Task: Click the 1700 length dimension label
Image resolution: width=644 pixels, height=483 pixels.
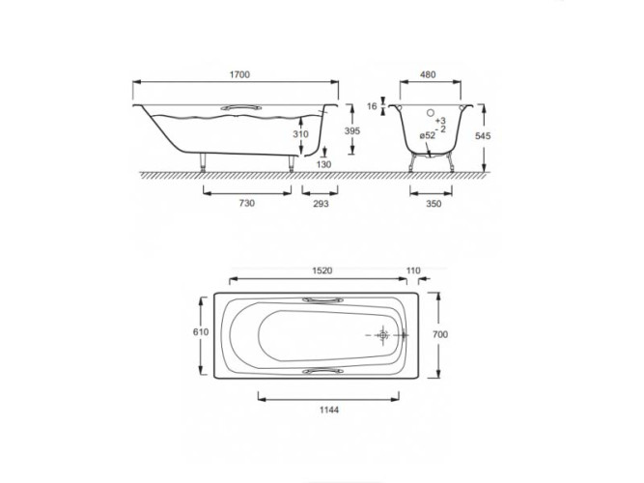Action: [239, 74]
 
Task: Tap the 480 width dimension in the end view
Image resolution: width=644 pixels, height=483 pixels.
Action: [428, 74]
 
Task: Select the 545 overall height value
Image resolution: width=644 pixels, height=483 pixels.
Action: [483, 135]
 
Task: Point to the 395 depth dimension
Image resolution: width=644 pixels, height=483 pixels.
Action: [352, 130]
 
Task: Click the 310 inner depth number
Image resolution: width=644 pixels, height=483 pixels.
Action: [300, 134]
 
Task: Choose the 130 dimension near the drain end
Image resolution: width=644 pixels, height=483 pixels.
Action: [323, 164]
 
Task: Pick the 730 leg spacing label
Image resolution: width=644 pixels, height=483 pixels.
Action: [247, 203]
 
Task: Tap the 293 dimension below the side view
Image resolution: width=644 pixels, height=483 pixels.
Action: [321, 204]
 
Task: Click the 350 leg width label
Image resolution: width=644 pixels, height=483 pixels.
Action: [434, 204]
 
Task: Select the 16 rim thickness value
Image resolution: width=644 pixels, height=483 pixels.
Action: [372, 106]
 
